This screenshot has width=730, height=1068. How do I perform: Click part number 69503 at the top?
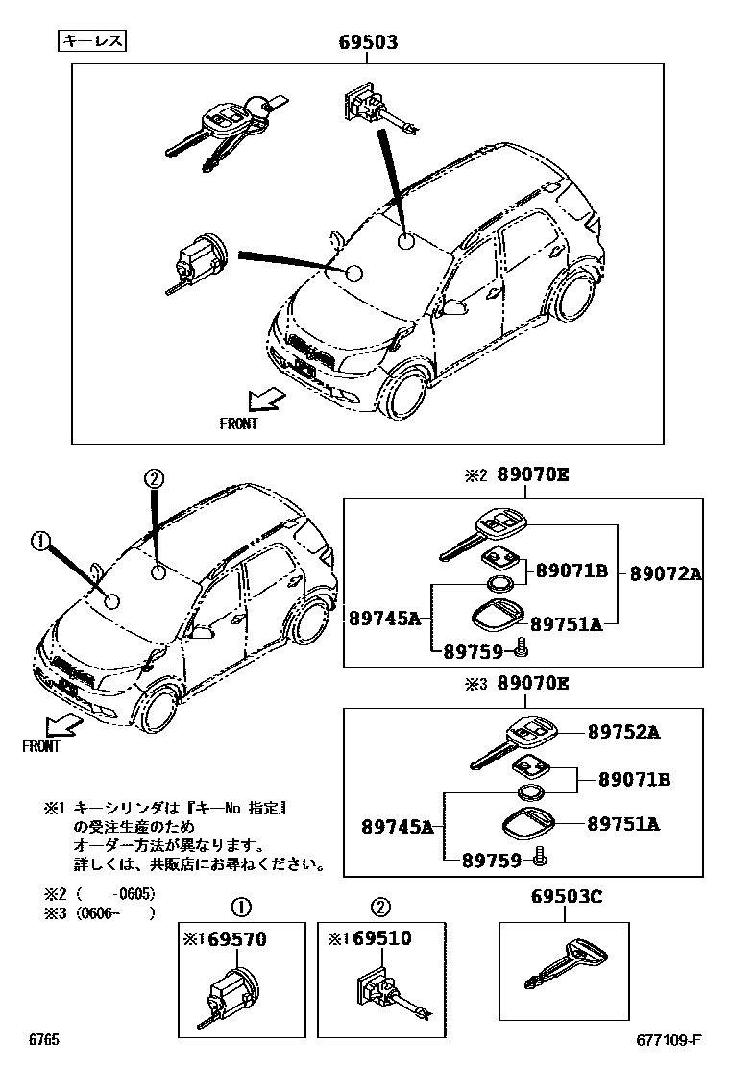pyautogui.click(x=369, y=43)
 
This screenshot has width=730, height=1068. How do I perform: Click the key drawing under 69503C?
pyautogui.click(x=566, y=965)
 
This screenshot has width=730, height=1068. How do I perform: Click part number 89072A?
pyautogui.click(x=666, y=573)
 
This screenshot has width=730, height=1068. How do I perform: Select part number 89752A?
pyautogui.click(x=623, y=732)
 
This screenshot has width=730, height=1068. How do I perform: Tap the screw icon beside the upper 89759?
pyautogui.click(x=521, y=650)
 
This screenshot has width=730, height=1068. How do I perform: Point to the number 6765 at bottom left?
pyautogui.click(x=44, y=1041)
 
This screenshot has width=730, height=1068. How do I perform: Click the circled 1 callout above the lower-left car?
pyautogui.click(x=39, y=542)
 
